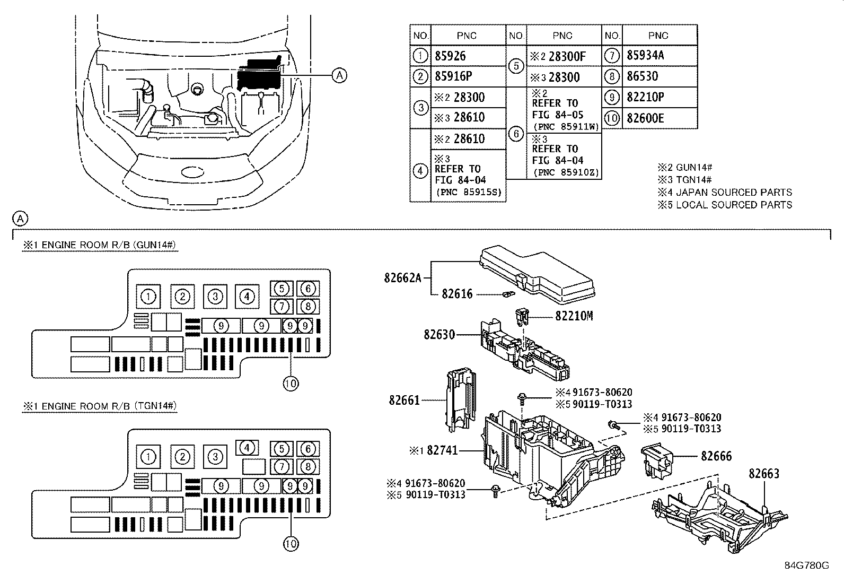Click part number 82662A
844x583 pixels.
click(x=402, y=276)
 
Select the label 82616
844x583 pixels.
click(x=457, y=294)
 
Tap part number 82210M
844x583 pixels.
click(x=574, y=316)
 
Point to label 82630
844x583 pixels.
click(x=439, y=335)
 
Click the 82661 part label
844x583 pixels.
click(x=404, y=401)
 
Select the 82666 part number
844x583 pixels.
click(x=716, y=456)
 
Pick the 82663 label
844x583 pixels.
click(x=764, y=473)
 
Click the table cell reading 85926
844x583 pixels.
click(x=450, y=56)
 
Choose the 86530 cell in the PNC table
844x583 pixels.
click(x=642, y=76)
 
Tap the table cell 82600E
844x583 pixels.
click(x=645, y=118)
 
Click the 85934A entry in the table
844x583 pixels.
click(x=645, y=56)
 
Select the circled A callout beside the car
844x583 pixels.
click(x=339, y=76)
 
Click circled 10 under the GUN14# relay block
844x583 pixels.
click(x=291, y=383)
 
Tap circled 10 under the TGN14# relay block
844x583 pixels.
click(x=291, y=543)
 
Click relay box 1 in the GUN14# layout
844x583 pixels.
click(x=149, y=297)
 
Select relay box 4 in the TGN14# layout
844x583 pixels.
click(x=247, y=448)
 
